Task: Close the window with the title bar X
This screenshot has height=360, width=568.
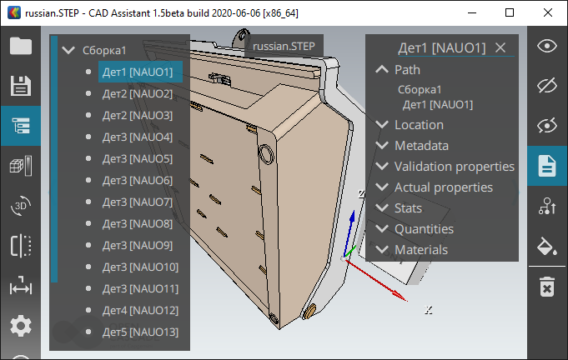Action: tap(548, 12)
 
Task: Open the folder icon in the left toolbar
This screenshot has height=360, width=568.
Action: tap(20, 46)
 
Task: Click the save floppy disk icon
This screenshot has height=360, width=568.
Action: tap(20, 86)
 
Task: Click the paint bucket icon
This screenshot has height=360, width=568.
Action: tap(547, 246)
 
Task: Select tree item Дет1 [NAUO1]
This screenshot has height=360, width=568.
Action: tap(138, 72)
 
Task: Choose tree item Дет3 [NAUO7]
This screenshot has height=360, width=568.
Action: tap(138, 202)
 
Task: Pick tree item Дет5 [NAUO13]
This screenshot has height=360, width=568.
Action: tap(140, 332)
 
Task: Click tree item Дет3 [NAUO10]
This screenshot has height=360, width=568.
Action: tap(140, 267)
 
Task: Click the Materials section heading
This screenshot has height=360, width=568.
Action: tap(420, 250)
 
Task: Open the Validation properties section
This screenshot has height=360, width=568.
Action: tap(454, 167)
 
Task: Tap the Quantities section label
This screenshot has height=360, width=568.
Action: tap(424, 229)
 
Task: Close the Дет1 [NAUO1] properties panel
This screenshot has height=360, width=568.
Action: tap(500, 48)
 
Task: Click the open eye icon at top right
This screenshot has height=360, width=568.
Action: tap(547, 46)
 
